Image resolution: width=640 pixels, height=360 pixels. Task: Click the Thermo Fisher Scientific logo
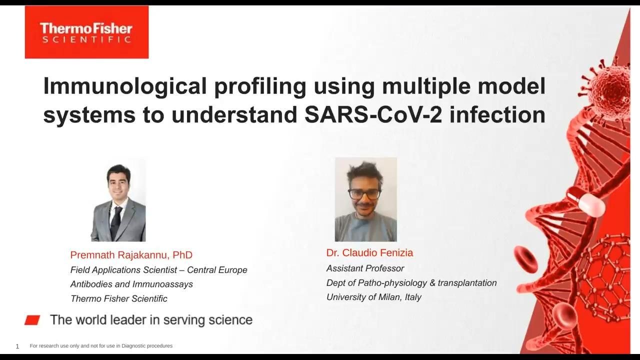click(86, 32)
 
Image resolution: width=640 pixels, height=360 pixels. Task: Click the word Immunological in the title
click(125, 86)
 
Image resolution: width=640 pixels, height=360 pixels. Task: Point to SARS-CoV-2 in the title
click(373, 115)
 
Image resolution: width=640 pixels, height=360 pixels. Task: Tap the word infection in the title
click(497, 115)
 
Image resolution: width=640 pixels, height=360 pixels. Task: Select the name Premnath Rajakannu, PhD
click(131, 255)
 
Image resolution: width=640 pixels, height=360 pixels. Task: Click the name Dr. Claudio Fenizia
click(369, 252)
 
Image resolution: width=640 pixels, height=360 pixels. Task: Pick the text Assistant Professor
click(365, 268)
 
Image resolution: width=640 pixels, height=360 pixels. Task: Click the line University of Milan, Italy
click(373, 297)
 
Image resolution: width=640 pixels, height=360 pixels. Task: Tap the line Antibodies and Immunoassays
click(131, 284)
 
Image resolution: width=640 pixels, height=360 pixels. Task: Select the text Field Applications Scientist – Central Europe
click(159, 270)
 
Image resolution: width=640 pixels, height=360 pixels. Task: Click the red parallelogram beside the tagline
click(32, 320)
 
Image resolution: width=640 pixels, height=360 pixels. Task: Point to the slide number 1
click(17, 346)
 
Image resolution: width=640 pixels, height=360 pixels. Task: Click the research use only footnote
click(101, 346)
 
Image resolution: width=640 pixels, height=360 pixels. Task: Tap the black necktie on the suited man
click(115, 222)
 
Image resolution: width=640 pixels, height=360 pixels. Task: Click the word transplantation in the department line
click(467, 283)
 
